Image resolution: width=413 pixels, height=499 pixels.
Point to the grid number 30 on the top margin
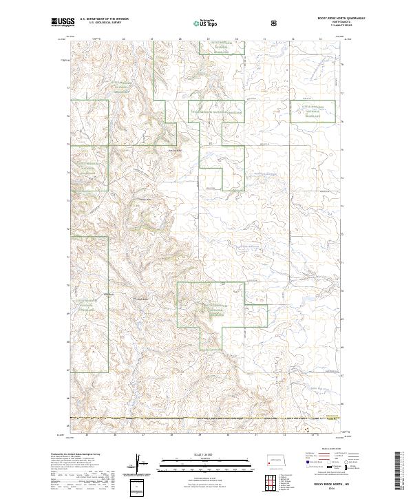click(236, 39)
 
